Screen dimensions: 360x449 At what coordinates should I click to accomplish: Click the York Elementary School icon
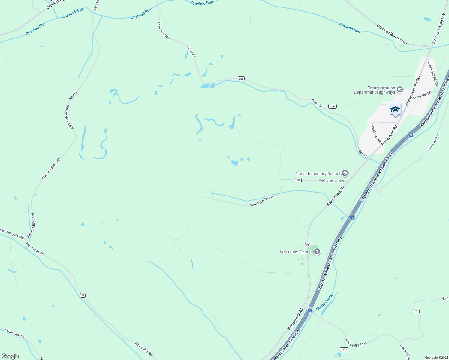[345, 173]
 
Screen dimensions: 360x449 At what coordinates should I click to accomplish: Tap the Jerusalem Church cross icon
[317, 252]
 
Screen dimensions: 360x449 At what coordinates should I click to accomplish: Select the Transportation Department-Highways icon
[399, 90]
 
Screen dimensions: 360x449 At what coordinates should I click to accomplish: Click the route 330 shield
[241, 79]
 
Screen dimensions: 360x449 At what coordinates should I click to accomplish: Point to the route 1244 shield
[332, 106]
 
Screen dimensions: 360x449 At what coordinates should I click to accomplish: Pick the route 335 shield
[298, 180]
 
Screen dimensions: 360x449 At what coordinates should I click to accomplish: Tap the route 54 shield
[83, 295]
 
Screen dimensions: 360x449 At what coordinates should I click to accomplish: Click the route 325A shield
[344, 349]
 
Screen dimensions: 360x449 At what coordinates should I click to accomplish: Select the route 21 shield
[308, 245]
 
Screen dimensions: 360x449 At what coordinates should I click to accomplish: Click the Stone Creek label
[324, 302]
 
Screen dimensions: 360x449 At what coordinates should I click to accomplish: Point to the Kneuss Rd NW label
[164, 30]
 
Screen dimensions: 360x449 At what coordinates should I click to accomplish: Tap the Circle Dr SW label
[376, 134]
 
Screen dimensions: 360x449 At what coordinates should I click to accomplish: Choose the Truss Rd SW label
[422, 95]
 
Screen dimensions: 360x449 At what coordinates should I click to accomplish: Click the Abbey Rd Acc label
[433, 142]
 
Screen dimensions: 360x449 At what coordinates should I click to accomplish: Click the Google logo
[10, 356]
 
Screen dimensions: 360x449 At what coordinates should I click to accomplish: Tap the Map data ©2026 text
[436, 358]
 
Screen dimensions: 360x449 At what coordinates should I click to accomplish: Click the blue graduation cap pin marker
[395, 110]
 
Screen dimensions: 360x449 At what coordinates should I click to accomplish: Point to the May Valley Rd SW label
[12, 234]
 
